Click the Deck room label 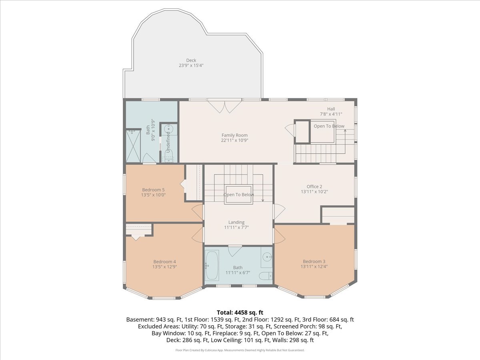coord(191,60)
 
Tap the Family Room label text coord(234,135)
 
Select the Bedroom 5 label coord(153,190)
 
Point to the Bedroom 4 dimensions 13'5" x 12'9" coord(165,267)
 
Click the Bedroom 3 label coord(314,262)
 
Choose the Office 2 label coord(314,186)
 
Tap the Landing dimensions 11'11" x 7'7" coord(236,227)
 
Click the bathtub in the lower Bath coord(212,266)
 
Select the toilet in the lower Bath coord(266,276)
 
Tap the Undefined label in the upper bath coord(168,142)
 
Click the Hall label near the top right coord(331,109)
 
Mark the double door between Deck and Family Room coord(224,106)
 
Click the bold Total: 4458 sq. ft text coord(240,312)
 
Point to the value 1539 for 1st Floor coord(217,320)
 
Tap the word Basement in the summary coord(140,320)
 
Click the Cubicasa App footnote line coord(240,350)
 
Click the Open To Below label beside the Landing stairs coord(238,194)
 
